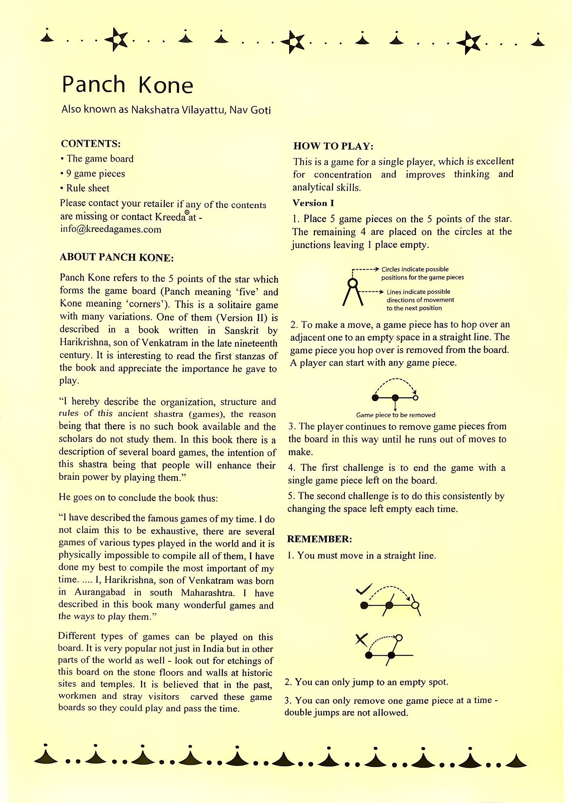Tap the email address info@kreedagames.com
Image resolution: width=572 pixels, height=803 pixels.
pos(110,229)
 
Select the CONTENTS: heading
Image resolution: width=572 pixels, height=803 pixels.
pos(91,144)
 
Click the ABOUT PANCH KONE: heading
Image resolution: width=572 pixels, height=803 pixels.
pos(116,257)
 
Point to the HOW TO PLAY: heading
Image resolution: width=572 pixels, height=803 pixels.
pos(333,146)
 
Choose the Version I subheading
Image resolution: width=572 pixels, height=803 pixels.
pos(313,203)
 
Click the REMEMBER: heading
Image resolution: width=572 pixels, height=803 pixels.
pos(319,539)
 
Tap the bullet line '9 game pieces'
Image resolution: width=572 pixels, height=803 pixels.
pos(95,174)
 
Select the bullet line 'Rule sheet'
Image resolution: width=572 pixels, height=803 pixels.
pos(87,188)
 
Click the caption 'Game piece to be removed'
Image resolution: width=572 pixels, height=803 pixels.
pos(395,415)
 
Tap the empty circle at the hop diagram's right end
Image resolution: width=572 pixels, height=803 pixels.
pos(416,398)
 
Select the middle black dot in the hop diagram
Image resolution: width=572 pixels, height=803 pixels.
pos(395,398)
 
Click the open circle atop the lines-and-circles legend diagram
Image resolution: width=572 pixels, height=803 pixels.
pos(353,283)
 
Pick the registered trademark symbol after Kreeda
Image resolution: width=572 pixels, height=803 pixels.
pos(187,212)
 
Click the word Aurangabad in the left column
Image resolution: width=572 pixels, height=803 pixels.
pos(100,592)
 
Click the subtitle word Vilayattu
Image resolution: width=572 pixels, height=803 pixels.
pos(203,110)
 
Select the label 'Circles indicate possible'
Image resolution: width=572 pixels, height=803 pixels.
pos(415,269)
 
